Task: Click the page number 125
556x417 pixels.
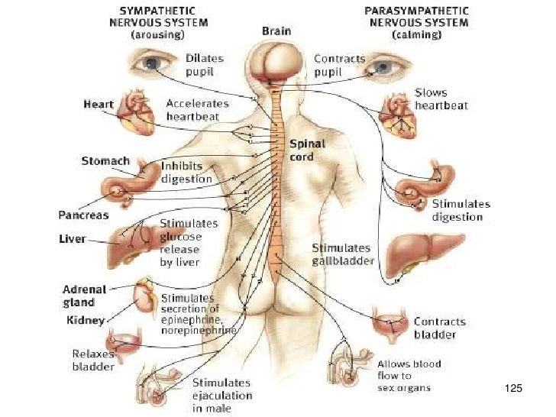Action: (513, 390)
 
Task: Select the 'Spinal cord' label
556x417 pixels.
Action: (307, 150)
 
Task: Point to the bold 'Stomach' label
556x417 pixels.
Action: (105, 161)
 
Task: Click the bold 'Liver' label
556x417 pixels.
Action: (72, 239)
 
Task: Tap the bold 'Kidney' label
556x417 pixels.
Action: (85, 320)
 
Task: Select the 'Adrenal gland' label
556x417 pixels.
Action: (84, 295)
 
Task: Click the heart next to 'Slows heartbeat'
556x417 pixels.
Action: (397, 111)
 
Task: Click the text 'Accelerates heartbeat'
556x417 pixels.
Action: (193, 109)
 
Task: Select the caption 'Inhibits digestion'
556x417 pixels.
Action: (186, 172)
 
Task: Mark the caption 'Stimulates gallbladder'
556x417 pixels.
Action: (342, 254)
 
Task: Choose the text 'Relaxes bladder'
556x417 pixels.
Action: (93, 360)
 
